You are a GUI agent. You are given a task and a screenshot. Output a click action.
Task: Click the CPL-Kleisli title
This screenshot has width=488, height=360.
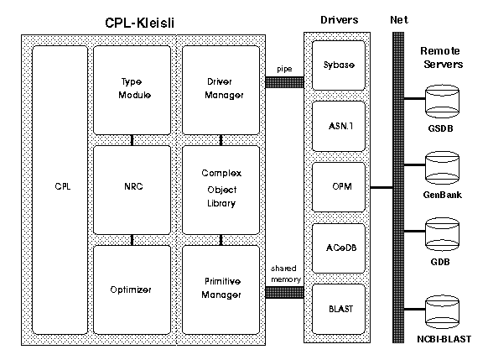tap(139, 23)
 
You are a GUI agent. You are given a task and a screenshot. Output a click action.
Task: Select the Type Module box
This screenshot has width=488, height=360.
tap(132, 91)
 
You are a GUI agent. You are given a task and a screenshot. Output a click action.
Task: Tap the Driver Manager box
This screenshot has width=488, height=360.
tap(221, 91)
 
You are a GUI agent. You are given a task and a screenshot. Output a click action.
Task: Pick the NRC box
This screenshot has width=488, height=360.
tap(132, 190)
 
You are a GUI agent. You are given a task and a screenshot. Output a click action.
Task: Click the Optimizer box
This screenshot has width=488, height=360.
tap(132, 290)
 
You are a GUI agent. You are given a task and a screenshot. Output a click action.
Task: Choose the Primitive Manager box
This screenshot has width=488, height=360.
tap(221, 290)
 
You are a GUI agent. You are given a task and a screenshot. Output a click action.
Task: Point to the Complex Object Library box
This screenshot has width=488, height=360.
tap(221, 190)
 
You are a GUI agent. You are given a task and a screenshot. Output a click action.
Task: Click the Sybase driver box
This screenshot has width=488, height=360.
tap(339, 65)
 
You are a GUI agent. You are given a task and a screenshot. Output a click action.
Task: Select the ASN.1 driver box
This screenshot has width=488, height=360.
tap(339, 126)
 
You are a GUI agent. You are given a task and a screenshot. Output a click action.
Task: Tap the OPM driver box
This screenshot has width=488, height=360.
tap(339, 187)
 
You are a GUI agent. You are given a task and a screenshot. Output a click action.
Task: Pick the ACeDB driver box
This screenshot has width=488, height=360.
tap(339, 248)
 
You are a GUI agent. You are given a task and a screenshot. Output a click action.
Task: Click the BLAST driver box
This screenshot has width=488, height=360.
tap(339, 310)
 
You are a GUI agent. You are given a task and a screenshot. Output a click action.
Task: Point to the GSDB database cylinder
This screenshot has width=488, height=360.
tap(442, 102)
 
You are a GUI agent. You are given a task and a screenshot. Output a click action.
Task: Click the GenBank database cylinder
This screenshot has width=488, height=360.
tap(442, 168)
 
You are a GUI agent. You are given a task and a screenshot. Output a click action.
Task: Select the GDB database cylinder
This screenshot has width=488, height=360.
tap(442, 234)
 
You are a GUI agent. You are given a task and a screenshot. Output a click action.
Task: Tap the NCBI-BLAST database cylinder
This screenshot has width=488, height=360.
tap(442, 312)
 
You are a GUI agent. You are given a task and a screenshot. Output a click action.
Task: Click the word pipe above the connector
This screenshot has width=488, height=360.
tap(284, 69)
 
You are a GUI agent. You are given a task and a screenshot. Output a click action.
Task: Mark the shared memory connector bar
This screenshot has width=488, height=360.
tap(284, 293)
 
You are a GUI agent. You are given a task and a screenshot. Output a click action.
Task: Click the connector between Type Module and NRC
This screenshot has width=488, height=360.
tap(132, 140)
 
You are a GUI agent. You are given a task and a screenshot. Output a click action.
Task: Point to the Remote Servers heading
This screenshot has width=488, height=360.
tap(442, 58)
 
